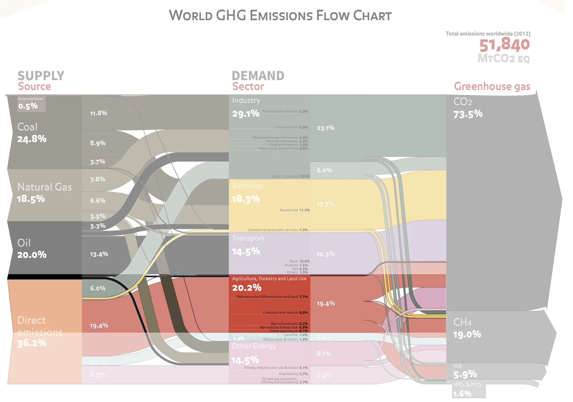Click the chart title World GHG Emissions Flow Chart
point(280,16)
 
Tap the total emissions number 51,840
point(504,45)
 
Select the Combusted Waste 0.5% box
point(31,104)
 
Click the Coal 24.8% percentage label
point(32,139)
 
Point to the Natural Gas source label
point(45,187)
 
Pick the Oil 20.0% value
point(32,255)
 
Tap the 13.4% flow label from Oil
point(99,254)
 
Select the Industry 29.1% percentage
point(246,114)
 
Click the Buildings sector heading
point(248,186)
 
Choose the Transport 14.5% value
point(246,251)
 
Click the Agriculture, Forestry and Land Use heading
point(269,279)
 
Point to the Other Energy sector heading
point(254,346)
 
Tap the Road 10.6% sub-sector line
point(299,261)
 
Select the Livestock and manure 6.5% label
point(285,313)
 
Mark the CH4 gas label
point(462,322)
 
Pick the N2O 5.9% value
point(465,375)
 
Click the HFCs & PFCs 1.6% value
point(462,394)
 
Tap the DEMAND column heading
point(258,76)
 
